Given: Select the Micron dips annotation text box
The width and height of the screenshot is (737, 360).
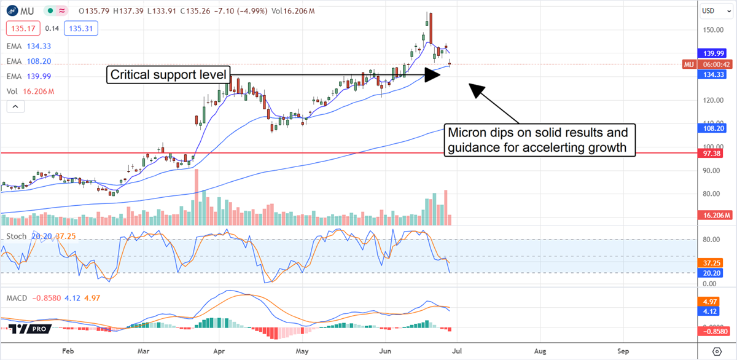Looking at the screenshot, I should tap(540, 140).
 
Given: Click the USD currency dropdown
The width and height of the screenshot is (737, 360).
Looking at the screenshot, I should tap(712, 10).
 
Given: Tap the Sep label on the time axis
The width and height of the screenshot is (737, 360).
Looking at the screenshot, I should tap(622, 351).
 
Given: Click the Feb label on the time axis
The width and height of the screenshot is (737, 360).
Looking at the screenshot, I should tap(68, 351).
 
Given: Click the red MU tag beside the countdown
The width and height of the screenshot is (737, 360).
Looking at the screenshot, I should tap(689, 65).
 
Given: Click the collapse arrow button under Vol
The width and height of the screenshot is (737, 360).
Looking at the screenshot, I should tap(15, 106).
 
